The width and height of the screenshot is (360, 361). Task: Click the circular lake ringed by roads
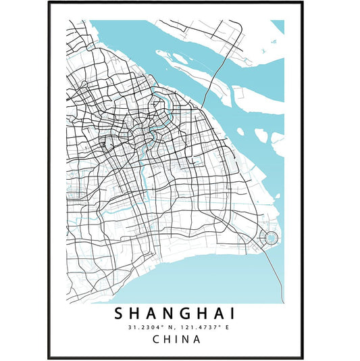point(269,237)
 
